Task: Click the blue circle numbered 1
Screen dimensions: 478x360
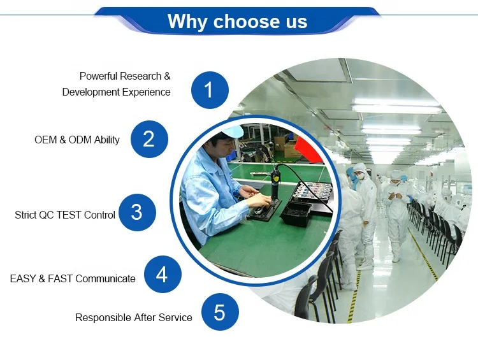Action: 210,90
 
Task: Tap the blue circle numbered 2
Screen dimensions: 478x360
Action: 149,139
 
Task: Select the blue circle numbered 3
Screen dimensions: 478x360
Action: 137,212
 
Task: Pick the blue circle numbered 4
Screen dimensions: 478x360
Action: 163,274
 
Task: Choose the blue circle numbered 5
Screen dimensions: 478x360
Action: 220,312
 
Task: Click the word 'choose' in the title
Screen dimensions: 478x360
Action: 245,21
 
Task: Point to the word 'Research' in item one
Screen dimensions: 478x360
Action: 141,76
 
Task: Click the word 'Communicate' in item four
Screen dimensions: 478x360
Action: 105,278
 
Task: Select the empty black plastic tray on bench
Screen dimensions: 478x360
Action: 296,214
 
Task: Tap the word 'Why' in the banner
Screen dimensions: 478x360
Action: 187,22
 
